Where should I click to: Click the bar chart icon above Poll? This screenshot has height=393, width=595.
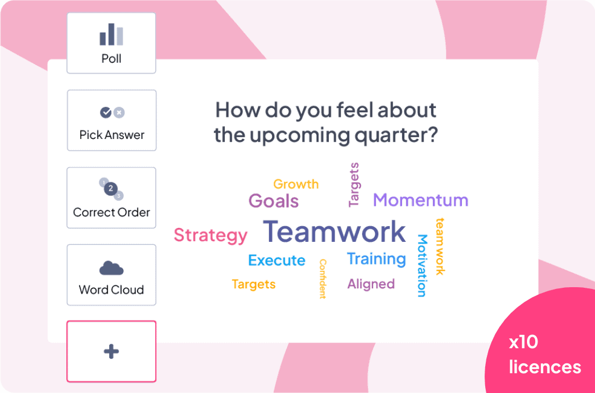point(111,34)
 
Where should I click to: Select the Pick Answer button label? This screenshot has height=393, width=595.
point(112,135)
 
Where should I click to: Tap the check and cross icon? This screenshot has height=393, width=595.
point(112,112)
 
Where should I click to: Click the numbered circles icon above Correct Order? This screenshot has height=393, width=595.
point(111,188)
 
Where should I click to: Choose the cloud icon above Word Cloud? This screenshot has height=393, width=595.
point(111,268)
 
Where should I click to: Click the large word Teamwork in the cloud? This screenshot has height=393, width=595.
point(334,231)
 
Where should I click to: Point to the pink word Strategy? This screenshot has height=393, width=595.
point(210,235)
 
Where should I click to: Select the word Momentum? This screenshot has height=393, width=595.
point(421,200)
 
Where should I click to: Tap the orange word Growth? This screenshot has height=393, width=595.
point(296,184)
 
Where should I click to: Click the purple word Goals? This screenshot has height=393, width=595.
point(274,201)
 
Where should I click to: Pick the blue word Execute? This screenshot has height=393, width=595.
point(277,260)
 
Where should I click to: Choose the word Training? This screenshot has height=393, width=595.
point(377,259)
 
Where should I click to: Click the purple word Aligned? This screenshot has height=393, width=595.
point(371,284)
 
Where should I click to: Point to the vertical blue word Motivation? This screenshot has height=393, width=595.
point(422,266)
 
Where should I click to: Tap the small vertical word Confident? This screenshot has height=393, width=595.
point(322,278)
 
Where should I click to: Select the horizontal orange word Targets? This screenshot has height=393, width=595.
point(253,284)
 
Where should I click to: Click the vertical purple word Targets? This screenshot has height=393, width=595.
point(354,184)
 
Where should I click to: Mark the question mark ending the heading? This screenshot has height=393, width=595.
point(433,134)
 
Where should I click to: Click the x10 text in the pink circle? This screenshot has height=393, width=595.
point(524,342)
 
